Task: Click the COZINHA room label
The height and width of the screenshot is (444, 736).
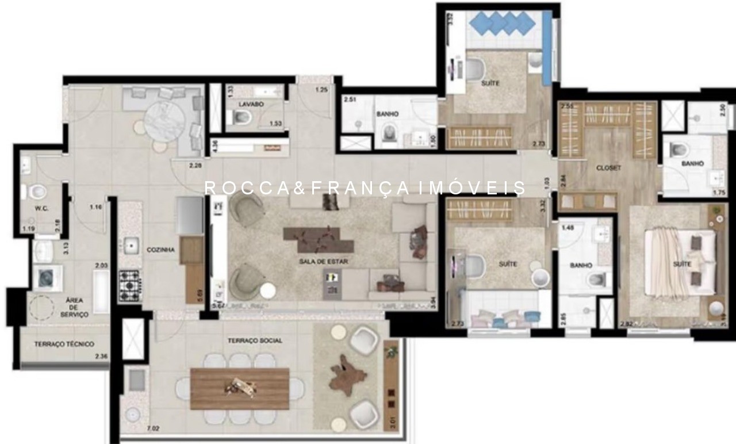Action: pos(160,250)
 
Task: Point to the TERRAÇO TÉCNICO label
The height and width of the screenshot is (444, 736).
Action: pos(64,344)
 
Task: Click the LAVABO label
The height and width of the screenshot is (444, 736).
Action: pos(251,105)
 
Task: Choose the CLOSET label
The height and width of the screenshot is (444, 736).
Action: pos(608,168)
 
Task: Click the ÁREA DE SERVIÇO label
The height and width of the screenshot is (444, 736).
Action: pos(74,307)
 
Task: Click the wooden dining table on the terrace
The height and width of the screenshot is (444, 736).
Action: pos(240,388)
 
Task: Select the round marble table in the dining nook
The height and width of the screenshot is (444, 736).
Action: pos(164,121)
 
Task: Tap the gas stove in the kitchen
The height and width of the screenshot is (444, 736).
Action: pos(130,283)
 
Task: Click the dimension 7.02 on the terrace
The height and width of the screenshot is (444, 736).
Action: pos(153,428)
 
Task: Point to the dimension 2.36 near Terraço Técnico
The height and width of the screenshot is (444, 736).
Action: pos(102,357)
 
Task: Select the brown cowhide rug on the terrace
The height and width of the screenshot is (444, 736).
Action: pos(347,377)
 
